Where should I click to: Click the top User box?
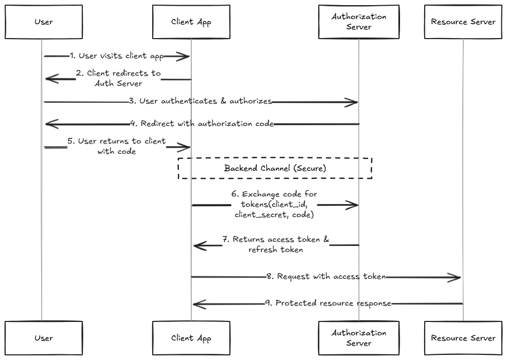(x=44, y=22)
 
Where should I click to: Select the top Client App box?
(x=191, y=22)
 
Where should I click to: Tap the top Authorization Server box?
(x=358, y=22)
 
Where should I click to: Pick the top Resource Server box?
(x=463, y=22)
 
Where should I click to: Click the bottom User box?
(x=44, y=338)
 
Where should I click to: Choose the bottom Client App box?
(x=191, y=338)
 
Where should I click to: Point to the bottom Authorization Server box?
(x=358, y=338)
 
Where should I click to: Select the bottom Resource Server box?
(x=463, y=338)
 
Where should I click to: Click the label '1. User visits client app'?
(x=117, y=56)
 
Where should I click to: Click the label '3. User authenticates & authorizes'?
(x=201, y=101)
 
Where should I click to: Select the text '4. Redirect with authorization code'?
(x=202, y=123)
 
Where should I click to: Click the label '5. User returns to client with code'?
(x=117, y=146)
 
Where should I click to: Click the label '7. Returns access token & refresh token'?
(x=276, y=244)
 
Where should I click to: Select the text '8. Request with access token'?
(x=326, y=277)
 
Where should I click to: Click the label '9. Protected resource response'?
(x=328, y=303)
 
